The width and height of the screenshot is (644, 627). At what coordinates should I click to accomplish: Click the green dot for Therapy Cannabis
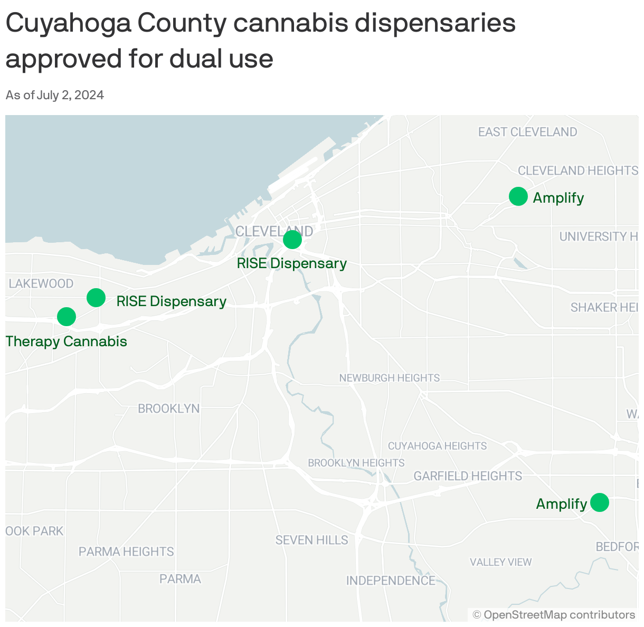click(67, 317)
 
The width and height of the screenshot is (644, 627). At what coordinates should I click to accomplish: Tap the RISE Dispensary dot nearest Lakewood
click(96, 298)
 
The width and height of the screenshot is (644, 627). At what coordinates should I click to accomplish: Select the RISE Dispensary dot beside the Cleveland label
click(292, 240)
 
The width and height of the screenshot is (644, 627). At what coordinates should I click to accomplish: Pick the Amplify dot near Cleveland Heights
click(518, 196)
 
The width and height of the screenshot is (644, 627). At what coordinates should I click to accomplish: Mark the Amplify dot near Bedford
click(599, 502)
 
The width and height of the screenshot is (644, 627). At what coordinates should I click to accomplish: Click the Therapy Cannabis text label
click(67, 341)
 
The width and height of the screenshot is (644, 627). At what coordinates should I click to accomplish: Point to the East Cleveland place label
click(527, 132)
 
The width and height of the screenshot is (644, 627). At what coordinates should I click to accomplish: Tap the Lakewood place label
click(41, 284)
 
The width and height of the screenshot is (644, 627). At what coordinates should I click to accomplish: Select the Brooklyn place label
click(168, 408)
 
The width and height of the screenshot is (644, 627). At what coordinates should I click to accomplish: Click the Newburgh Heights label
click(389, 378)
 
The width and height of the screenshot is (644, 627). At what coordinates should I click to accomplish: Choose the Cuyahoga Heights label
click(437, 446)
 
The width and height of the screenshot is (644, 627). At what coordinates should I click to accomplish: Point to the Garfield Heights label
click(468, 476)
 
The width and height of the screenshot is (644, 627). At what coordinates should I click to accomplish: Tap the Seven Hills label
click(311, 540)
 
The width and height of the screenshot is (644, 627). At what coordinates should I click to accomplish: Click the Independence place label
click(391, 581)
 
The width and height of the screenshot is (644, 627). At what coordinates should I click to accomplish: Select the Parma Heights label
click(126, 552)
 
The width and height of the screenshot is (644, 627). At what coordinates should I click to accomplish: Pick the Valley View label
click(500, 562)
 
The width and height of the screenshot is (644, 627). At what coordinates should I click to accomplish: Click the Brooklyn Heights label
click(356, 463)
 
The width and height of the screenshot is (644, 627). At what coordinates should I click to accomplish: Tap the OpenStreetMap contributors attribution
click(554, 615)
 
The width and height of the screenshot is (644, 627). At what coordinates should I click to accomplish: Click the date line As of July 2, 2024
click(55, 95)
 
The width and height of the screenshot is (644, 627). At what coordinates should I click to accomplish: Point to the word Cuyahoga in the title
click(69, 24)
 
